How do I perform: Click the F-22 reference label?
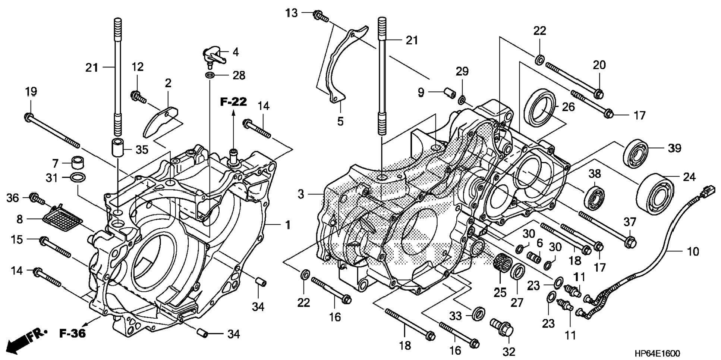click(233, 101)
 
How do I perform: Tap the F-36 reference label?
click(73, 333)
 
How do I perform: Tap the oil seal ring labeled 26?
click(539, 108)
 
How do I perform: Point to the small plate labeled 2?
click(161, 121)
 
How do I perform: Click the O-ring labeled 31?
click(78, 178)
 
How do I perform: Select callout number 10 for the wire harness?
click(693, 252)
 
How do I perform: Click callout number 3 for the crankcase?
click(301, 194)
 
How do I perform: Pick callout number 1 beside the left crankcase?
click(287, 225)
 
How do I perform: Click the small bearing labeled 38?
click(594, 196)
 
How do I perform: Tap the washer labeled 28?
click(210, 76)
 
